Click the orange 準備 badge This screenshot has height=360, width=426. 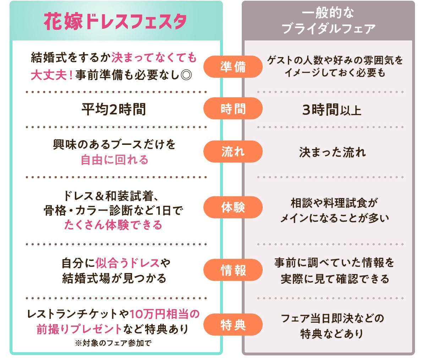tap(233, 67)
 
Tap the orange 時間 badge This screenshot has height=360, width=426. tap(233, 109)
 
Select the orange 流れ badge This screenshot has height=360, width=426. tap(233, 152)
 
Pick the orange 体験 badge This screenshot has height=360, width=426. tap(233, 207)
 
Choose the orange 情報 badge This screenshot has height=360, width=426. tap(233, 270)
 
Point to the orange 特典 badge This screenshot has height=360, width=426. tap(233, 325)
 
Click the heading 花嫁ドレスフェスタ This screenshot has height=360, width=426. tap(116, 22)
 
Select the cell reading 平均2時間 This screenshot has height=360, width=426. tap(114, 109)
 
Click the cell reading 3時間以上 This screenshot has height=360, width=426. tap(332, 110)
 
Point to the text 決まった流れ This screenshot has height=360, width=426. tap(332, 152)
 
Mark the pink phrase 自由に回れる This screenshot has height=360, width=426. tap(114, 160)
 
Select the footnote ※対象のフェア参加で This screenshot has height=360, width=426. tap(114, 343)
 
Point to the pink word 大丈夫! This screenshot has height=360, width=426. tap(51, 75)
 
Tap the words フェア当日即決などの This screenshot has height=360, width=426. tap(332, 318)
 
